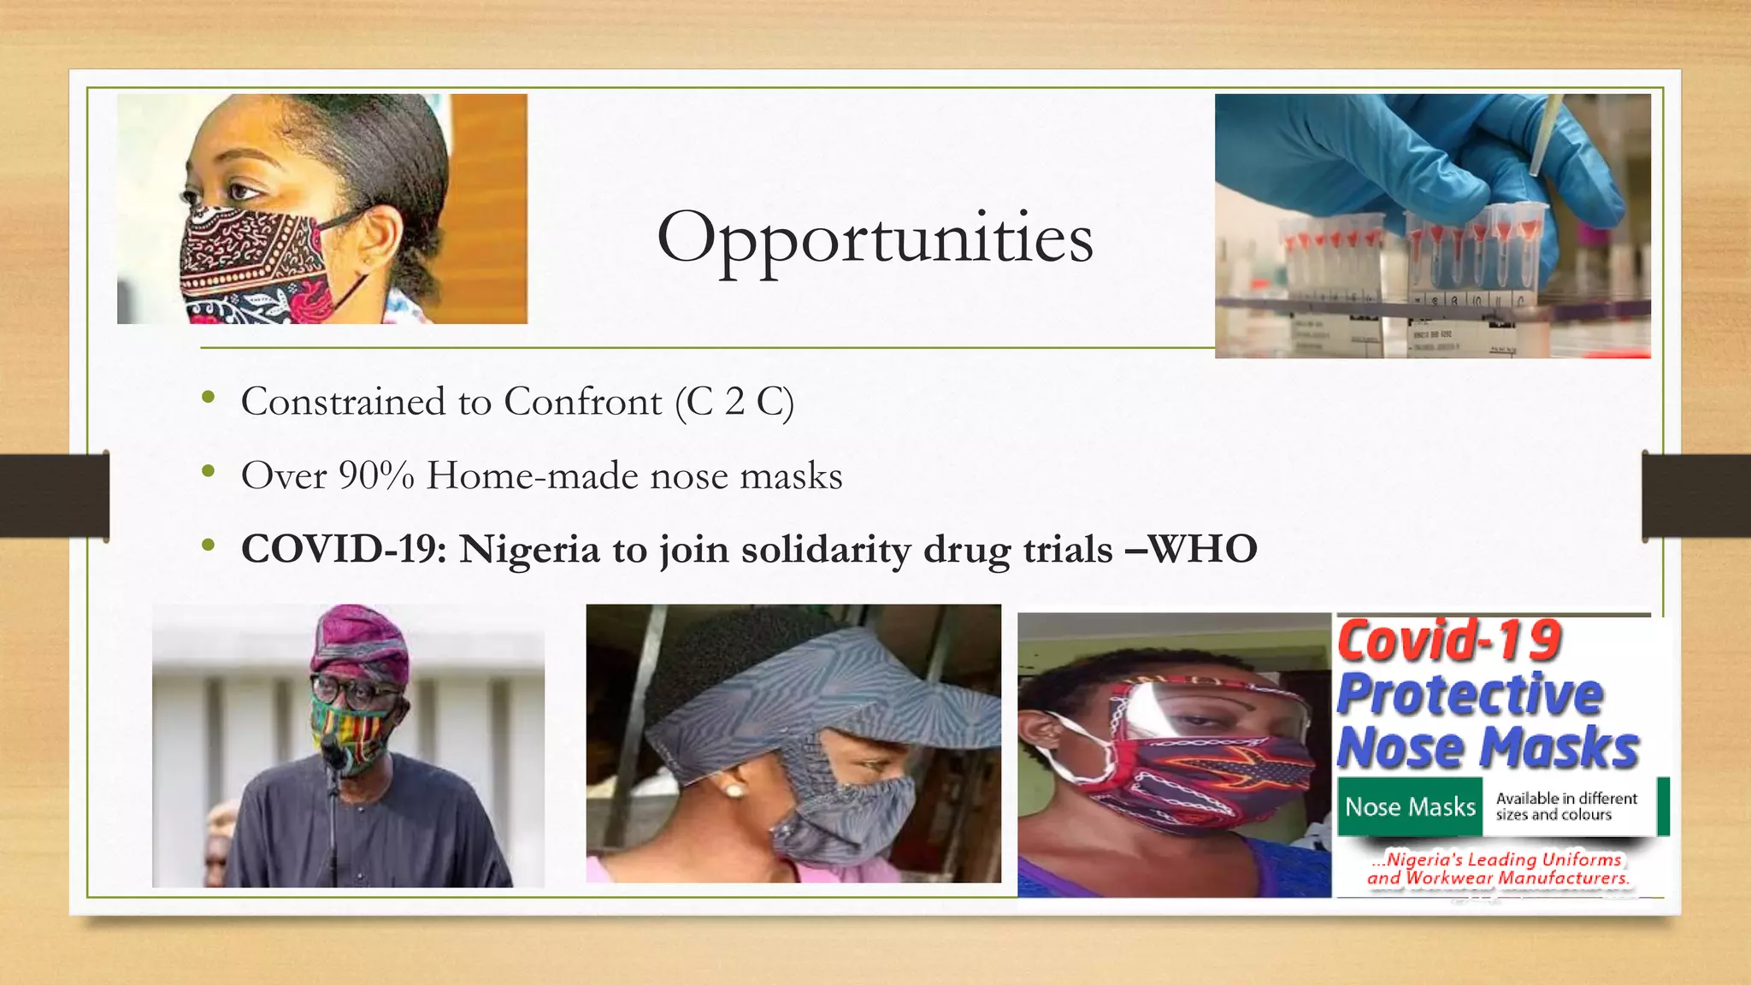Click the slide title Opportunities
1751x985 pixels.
pyautogui.click(x=875, y=238)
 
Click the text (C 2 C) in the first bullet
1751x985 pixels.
pyautogui.click(x=734, y=402)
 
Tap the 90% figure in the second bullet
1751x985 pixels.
pyautogui.click(x=376, y=475)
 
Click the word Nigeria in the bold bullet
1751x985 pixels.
pyautogui.click(x=529, y=549)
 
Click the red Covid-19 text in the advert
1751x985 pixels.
pyautogui.click(x=1448, y=641)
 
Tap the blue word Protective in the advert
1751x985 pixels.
pyautogui.click(x=1469, y=693)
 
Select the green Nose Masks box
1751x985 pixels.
pyautogui.click(x=1410, y=806)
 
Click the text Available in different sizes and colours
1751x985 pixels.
pyautogui.click(x=1565, y=806)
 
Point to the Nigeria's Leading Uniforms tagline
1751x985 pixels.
pyautogui.click(x=1498, y=869)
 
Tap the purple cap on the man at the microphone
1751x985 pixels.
pyautogui.click(x=359, y=641)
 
